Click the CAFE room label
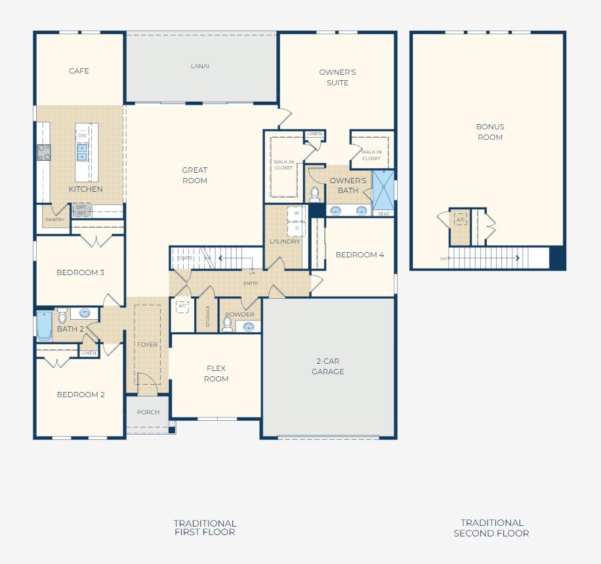pyautogui.click(x=79, y=71)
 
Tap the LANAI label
pyautogui.click(x=200, y=66)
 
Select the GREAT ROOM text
pyautogui.click(x=195, y=175)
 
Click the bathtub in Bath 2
pyautogui.click(x=44, y=326)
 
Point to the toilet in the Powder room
pyautogui.click(x=227, y=325)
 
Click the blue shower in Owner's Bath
pyautogui.click(x=384, y=190)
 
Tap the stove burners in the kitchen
pyautogui.click(x=44, y=152)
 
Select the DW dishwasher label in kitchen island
pyautogui.click(x=82, y=136)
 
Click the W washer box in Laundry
pyautogui.click(x=297, y=213)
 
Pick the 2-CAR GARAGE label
pyautogui.click(x=327, y=366)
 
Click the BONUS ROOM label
pyautogui.click(x=489, y=132)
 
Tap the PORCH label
pyautogui.click(x=148, y=412)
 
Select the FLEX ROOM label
pyautogui.click(x=216, y=374)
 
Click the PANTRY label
pyautogui.click(x=55, y=220)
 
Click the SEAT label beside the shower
pyautogui.click(x=384, y=213)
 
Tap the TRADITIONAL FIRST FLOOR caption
pyautogui.click(x=205, y=527)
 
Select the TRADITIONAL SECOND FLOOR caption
pyautogui.click(x=491, y=528)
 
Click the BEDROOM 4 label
pyautogui.click(x=360, y=255)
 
